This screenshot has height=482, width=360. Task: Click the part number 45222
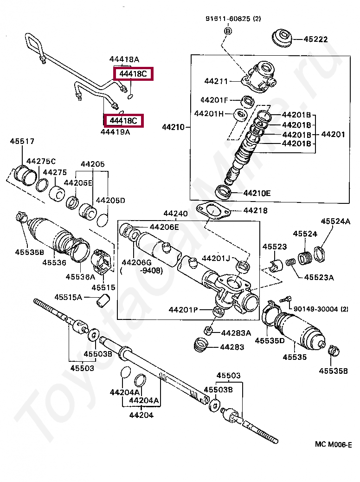[x=316, y=39]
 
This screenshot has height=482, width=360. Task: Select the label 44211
[x=216, y=81]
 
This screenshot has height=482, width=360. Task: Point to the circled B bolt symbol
[x=228, y=31]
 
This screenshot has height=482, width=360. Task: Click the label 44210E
[x=257, y=193]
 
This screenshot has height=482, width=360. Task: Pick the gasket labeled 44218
[x=213, y=211]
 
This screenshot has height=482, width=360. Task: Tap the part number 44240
[x=175, y=213]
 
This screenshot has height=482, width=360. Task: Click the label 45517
[x=22, y=142]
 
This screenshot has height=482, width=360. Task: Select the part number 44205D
[x=110, y=201]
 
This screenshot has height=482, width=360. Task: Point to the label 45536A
[x=80, y=277]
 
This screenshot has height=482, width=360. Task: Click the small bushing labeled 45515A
[x=103, y=300]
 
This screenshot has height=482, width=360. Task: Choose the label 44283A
[x=236, y=333]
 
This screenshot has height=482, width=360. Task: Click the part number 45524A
[x=335, y=221]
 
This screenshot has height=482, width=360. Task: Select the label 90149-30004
[x=316, y=309]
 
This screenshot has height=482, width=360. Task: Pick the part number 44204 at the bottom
[x=141, y=415]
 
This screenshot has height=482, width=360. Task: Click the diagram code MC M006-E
[x=333, y=444]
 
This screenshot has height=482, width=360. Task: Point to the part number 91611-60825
[x=228, y=19]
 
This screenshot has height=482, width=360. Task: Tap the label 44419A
[x=115, y=132]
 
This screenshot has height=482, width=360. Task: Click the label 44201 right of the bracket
[x=333, y=134]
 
